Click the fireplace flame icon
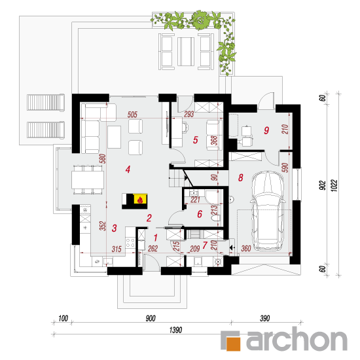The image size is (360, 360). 140,200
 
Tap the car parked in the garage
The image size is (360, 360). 268,211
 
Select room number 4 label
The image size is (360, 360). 128,170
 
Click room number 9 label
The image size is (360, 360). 266,130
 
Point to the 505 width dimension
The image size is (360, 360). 132,115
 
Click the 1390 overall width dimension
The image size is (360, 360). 175,330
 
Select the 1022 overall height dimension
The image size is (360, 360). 334,185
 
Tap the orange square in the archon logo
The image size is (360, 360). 233,344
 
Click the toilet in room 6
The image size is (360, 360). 216,217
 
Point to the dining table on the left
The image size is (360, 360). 88,180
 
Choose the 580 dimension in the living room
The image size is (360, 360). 103,158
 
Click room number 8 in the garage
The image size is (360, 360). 240,177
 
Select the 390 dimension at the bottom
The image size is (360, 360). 264,319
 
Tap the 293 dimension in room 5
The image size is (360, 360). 189,114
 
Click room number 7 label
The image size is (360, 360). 205,245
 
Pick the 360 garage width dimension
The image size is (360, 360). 246,249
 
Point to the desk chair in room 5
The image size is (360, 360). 185,127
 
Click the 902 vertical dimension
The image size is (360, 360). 323,185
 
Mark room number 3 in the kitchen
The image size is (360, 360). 114,228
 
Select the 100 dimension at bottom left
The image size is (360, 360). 63,319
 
